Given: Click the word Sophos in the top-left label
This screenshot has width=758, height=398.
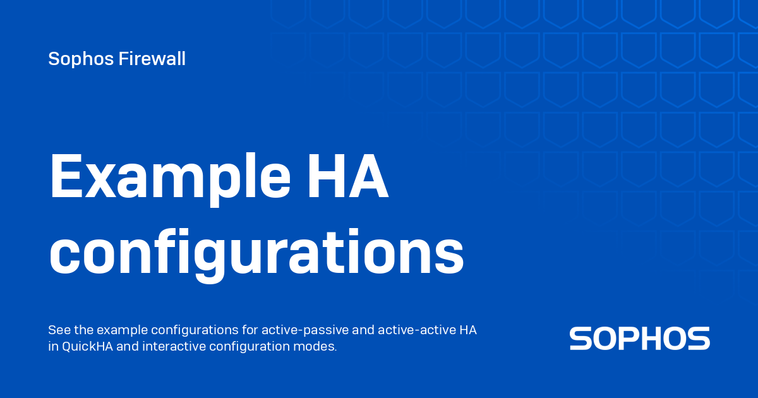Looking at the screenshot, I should (74, 59).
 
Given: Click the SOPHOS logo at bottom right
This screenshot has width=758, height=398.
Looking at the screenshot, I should (639, 339).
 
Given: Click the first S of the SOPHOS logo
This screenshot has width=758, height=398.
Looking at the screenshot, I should (580, 339).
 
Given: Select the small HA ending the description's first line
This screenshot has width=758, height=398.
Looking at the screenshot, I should (468, 330).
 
